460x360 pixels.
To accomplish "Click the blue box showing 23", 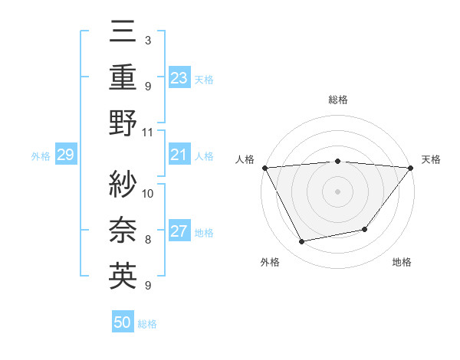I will point(179,77).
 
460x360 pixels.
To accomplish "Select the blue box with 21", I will point(179,155).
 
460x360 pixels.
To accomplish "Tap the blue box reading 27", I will point(179,232).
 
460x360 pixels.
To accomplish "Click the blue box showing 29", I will point(65,155).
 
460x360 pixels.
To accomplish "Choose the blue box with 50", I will point(123,323).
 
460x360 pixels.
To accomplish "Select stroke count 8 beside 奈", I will point(148,240).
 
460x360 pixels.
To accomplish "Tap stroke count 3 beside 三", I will point(147,40).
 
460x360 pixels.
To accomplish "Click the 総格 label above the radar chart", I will point(338,100).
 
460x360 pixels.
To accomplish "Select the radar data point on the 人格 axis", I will point(264,168).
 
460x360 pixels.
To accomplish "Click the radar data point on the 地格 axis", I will point(366,229).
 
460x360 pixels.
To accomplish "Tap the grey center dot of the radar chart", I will point(338,191).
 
